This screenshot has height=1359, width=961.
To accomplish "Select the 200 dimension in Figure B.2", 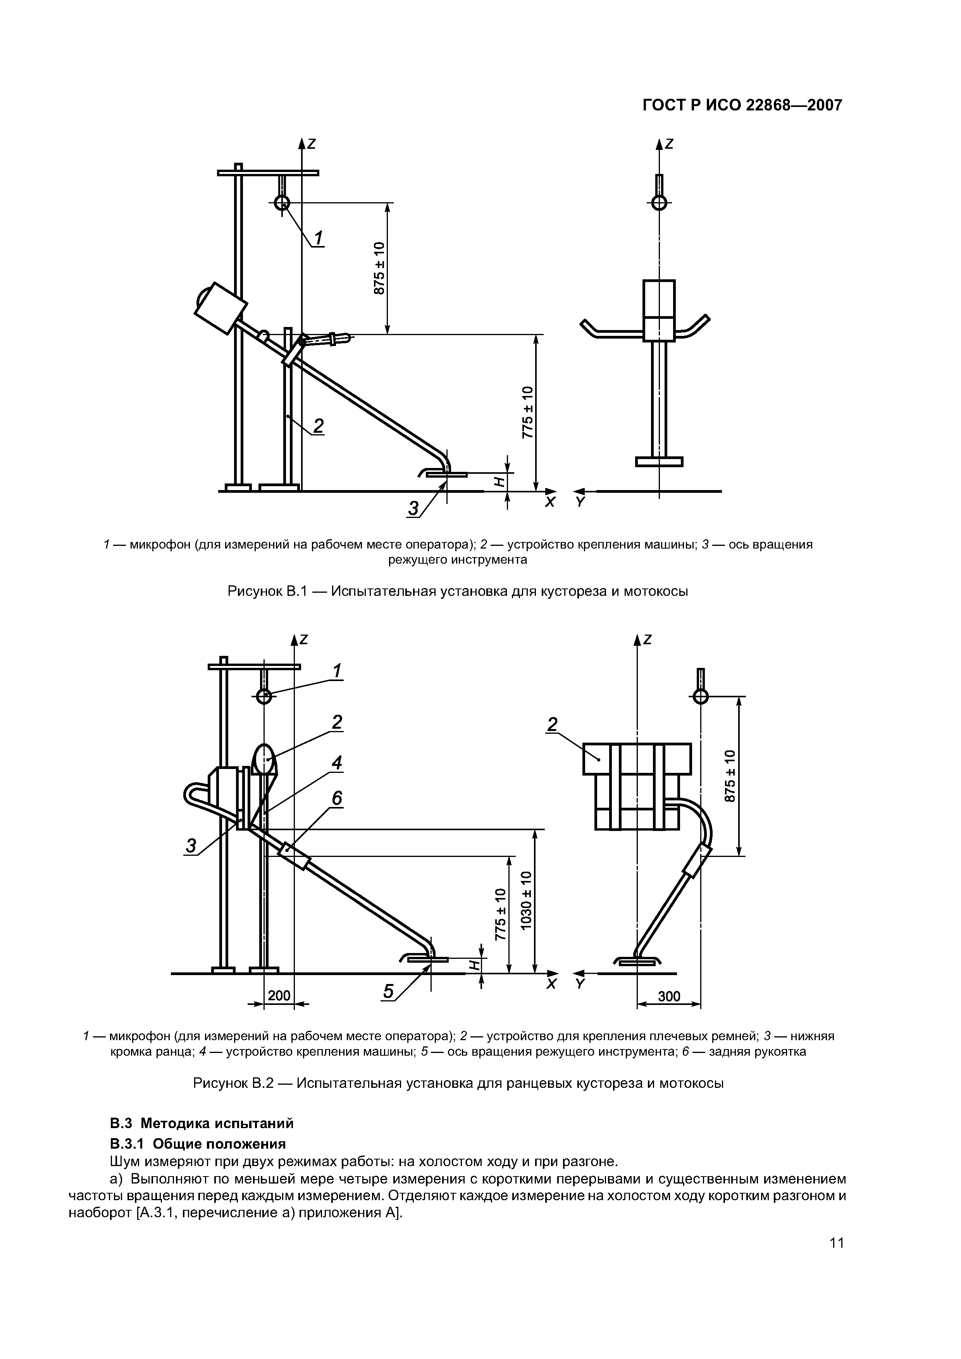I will point(279,996).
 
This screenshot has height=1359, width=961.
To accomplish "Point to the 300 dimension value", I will point(669,997).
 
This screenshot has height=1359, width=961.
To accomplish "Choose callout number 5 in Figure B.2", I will point(388,991).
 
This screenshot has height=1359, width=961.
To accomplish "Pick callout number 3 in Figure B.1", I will point(413,508).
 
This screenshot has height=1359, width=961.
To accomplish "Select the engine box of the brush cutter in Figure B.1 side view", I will point(220,306).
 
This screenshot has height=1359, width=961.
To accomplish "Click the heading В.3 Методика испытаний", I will point(202,1123).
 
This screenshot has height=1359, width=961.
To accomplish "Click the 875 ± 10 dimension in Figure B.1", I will point(379,268).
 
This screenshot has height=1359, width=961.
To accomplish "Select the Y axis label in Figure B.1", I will point(580,502).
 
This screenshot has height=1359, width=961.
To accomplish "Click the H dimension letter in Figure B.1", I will point(499,482).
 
